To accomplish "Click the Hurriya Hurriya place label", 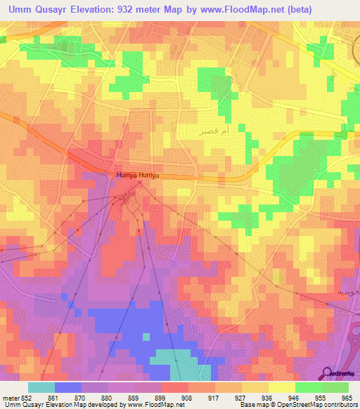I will [x=139, y=176].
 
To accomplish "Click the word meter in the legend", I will [x=10, y=397].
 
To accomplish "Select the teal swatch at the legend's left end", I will [x=41, y=387].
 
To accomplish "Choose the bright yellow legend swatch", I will [x=282, y=387].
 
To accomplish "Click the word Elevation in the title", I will [x=95, y=9].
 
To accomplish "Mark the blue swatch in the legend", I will [x=68, y=387].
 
